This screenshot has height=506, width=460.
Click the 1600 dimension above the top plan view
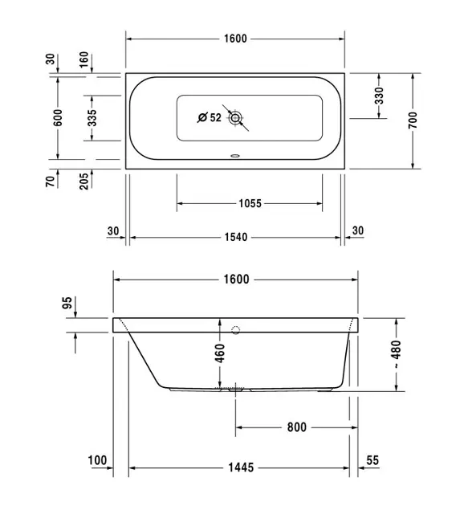[235, 39]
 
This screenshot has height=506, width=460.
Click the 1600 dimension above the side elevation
[237, 280]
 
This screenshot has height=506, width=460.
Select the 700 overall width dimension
[413, 120]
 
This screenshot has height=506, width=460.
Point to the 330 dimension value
[380, 96]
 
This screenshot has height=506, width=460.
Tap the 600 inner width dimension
[58, 118]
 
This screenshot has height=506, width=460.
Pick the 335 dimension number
[92, 118]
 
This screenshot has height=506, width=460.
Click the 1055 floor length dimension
[250, 204]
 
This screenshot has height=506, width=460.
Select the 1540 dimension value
[236, 238]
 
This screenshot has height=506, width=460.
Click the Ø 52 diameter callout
[210, 117]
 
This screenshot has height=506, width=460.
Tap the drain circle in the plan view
[235, 118]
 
